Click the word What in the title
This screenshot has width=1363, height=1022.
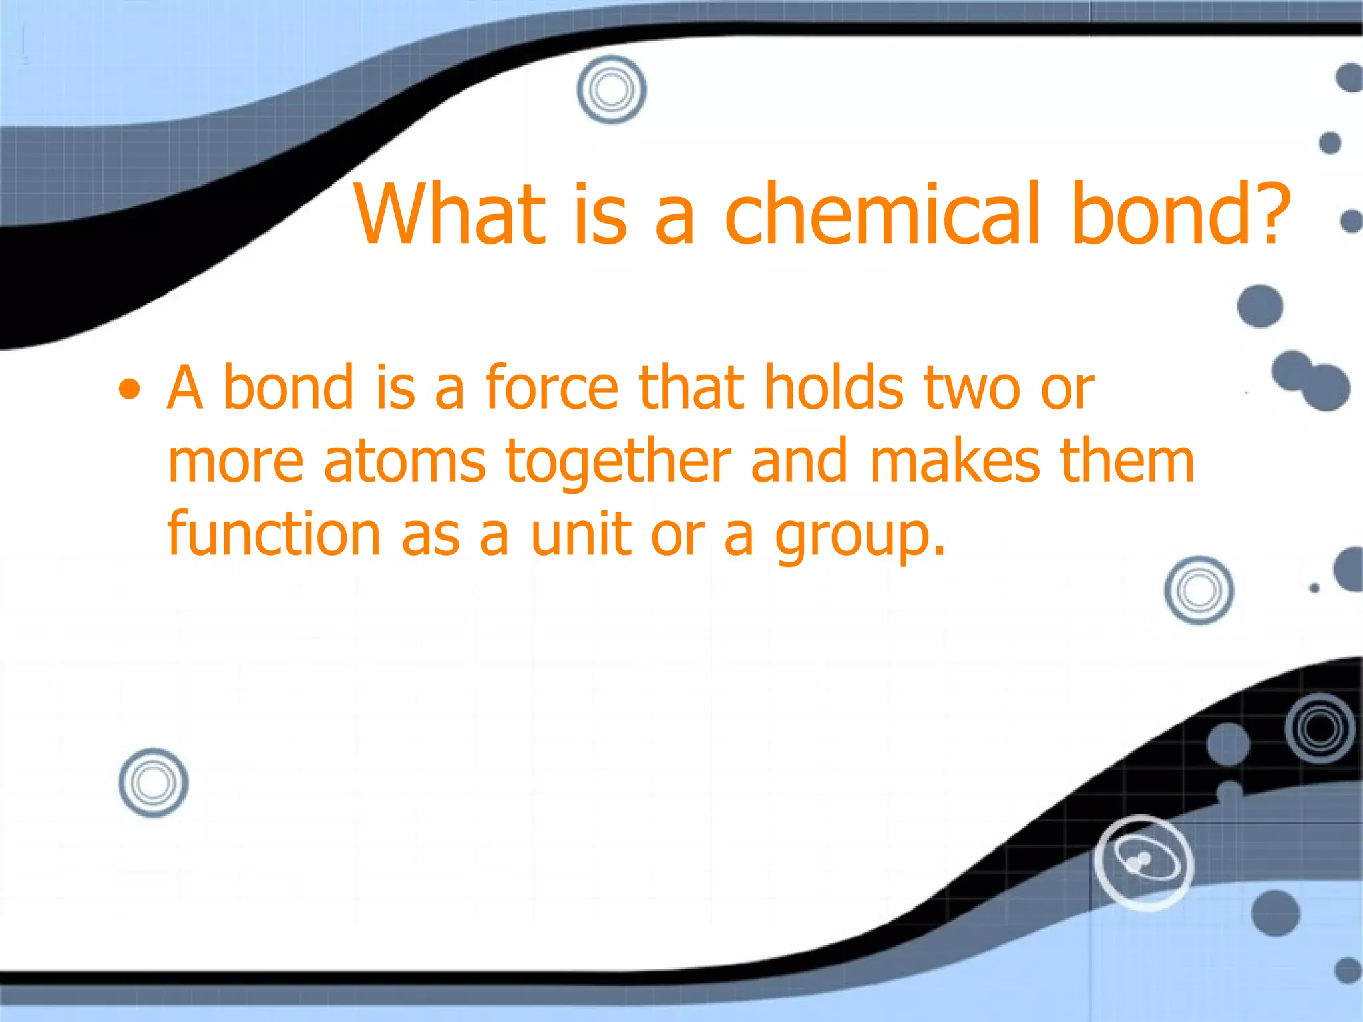point(450,214)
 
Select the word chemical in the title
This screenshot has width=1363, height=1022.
point(882,214)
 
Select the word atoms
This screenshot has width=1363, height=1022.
point(405,462)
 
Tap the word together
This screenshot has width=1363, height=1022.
point(618,463)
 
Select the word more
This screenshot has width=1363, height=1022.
point(236,463)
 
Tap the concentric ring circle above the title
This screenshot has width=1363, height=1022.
point(611,89)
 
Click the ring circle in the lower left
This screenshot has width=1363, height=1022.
point(153,782)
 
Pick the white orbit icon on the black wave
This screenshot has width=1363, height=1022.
point(1143,862)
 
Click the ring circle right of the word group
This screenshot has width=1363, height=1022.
point(1199,590)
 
